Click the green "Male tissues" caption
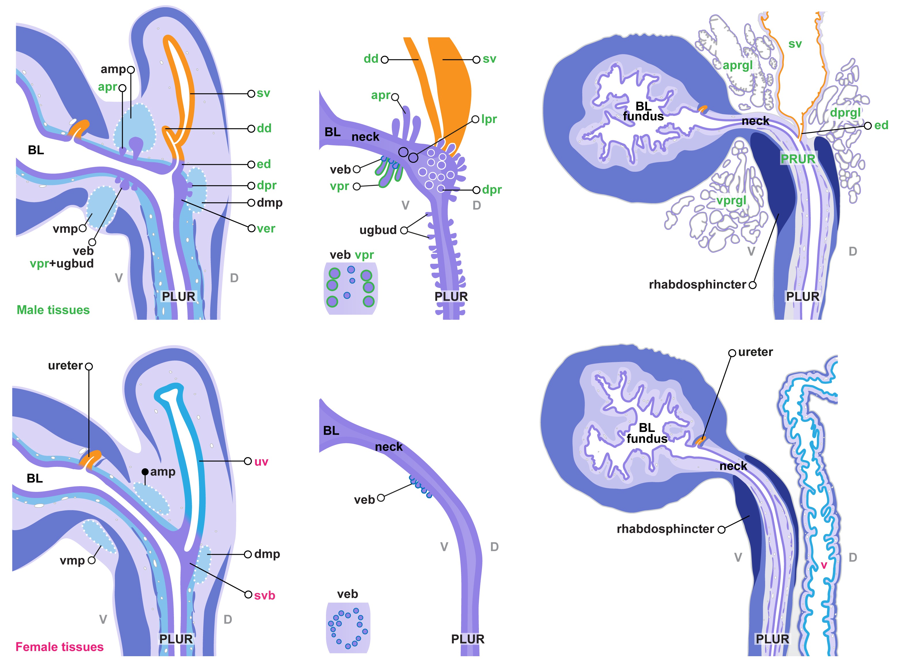53,310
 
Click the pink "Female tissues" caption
60,647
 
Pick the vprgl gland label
731,200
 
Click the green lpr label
489,119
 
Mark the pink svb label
265,595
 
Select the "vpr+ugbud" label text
62,264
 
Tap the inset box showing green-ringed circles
350,288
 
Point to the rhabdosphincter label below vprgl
697,285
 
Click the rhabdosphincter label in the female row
665,529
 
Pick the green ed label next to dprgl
881,125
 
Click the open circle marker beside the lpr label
476,119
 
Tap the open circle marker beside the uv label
248,461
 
